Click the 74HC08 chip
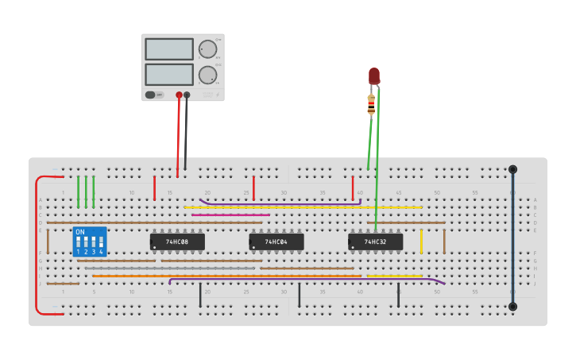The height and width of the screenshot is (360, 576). point(177,241)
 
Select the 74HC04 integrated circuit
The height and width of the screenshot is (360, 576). point(276,241)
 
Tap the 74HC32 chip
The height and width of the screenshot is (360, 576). point(375,241)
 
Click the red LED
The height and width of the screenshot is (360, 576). point(374,76)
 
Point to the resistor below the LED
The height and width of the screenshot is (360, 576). point(371,104)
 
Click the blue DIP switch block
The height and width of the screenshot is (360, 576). point(89,242)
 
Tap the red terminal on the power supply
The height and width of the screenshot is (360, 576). point(179,95)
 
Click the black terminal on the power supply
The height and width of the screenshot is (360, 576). point(187,95)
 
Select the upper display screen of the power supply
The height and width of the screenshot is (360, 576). point(169,49)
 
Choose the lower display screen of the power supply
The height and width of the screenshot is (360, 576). point(169,75)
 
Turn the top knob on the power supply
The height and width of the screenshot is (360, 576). point(208,49)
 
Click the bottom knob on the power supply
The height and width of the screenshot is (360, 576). point(208,75)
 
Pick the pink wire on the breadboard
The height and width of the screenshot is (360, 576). point(230,215)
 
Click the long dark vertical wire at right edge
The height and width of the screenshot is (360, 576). point(512,238)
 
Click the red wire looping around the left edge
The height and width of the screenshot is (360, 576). point(37,246)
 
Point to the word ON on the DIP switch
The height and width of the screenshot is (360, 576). point(80,232)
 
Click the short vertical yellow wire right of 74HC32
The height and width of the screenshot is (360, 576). point(421,241)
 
